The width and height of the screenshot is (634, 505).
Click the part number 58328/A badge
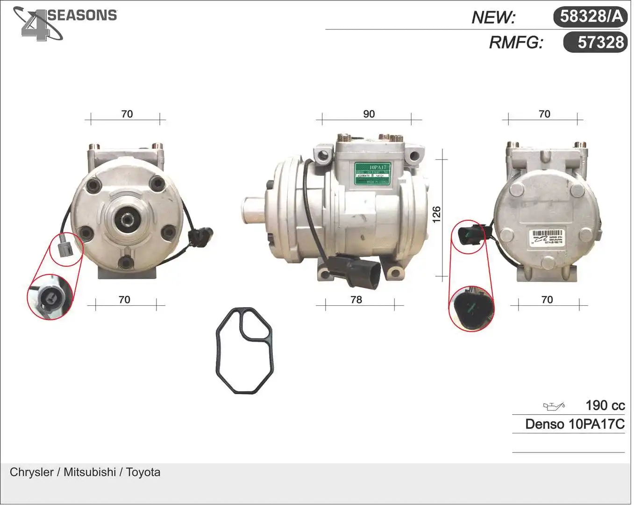591,16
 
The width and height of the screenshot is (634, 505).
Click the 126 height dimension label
436,215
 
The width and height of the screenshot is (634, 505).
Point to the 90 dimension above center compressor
369,114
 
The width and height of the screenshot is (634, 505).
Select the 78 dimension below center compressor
356,300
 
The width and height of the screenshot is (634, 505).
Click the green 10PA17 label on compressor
372,173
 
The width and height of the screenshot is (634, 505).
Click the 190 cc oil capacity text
605,405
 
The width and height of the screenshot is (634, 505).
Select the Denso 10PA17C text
574,424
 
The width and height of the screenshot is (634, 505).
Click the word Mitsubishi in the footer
90,472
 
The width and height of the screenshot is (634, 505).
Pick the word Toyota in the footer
143,472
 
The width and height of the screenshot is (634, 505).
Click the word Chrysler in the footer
31,472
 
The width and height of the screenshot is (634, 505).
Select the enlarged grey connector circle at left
50,297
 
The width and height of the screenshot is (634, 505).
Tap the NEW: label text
493,17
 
